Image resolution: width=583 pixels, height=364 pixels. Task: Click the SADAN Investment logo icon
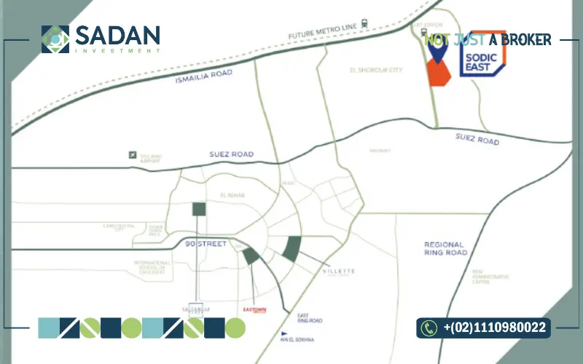point(55,39)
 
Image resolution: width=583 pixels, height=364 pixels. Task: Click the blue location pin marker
point(437,50)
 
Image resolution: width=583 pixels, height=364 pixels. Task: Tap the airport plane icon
point(132,154)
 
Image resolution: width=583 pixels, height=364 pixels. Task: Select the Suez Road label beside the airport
point(232,154)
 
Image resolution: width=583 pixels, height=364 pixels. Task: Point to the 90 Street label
point(206,242)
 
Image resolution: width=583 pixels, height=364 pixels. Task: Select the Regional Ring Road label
point(445,248)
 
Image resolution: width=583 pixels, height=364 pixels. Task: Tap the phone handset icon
point(429,328)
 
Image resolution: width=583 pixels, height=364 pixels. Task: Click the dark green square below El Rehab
point(199,210)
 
